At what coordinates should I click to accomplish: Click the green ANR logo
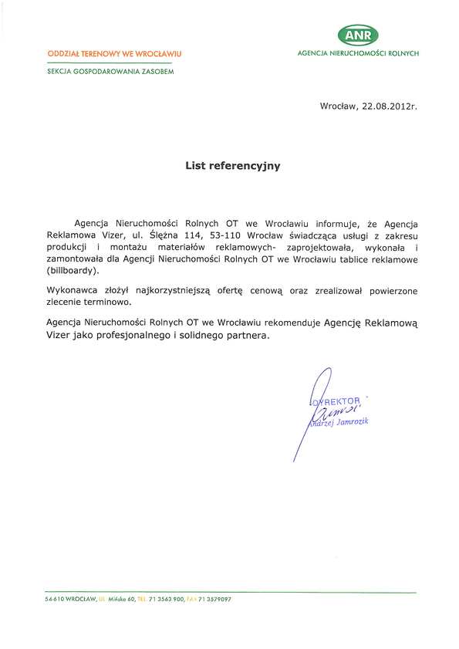coord(358,34)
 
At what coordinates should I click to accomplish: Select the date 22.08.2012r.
coord(390,107)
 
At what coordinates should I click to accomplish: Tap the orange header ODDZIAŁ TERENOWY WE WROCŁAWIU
coord(114,53)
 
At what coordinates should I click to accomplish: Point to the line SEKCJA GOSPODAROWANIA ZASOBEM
coord(110,71)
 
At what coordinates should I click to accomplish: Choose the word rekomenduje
coord(287,324)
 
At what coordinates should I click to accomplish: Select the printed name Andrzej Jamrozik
coord(339,423)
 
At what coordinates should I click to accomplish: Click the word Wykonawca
coord(76,289)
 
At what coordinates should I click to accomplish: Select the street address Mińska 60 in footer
coord(122,599)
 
